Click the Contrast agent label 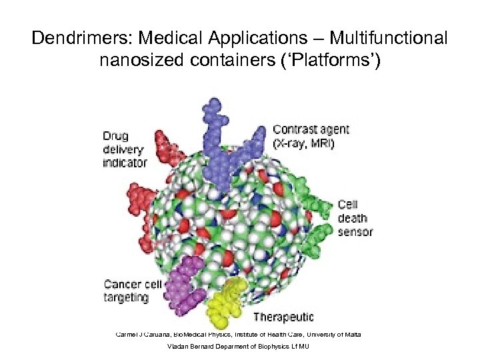coord(311,129)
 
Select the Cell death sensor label coord(355,218)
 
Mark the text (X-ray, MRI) coord(304,142)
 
